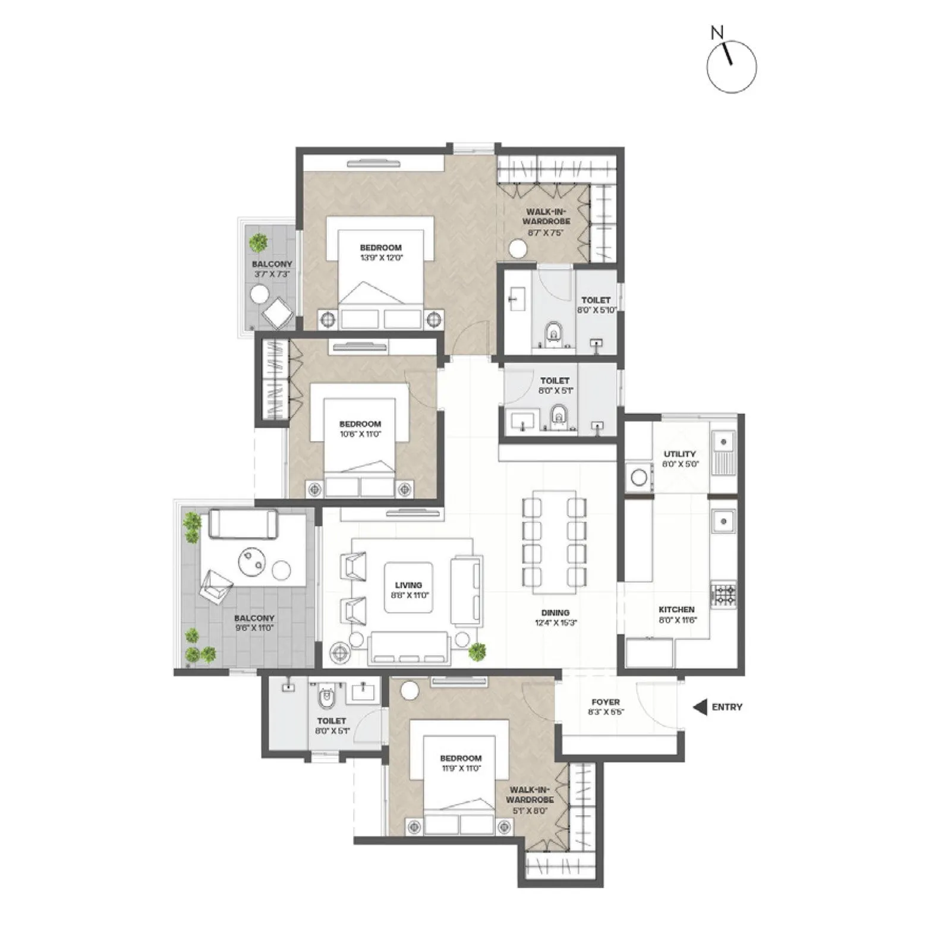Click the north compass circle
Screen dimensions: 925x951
point(732,67)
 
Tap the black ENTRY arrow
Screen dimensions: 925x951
point(700,707)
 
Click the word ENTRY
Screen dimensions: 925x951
point(727,707)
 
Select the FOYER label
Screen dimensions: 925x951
point(606,702)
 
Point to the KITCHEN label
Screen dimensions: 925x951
point(676,610)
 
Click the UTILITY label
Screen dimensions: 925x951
point(680,454)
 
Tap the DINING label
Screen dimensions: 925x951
point(555,613)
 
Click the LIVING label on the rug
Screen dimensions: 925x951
point(408,585)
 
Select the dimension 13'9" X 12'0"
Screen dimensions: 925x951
point(381,258)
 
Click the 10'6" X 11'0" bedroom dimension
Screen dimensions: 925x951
point(360,434)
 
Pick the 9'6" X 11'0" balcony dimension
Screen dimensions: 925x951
point(254,628)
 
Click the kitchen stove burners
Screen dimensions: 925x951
point(723,594)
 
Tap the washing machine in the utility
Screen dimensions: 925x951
point(639,477)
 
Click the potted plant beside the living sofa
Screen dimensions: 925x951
point(477,652)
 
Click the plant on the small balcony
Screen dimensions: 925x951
point(258,242)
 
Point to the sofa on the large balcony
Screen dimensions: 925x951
point(243,524)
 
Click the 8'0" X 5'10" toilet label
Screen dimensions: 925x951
point(596,310)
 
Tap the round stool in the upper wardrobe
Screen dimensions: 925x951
point(518,249)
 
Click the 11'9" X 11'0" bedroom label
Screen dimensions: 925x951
point(461,768)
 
